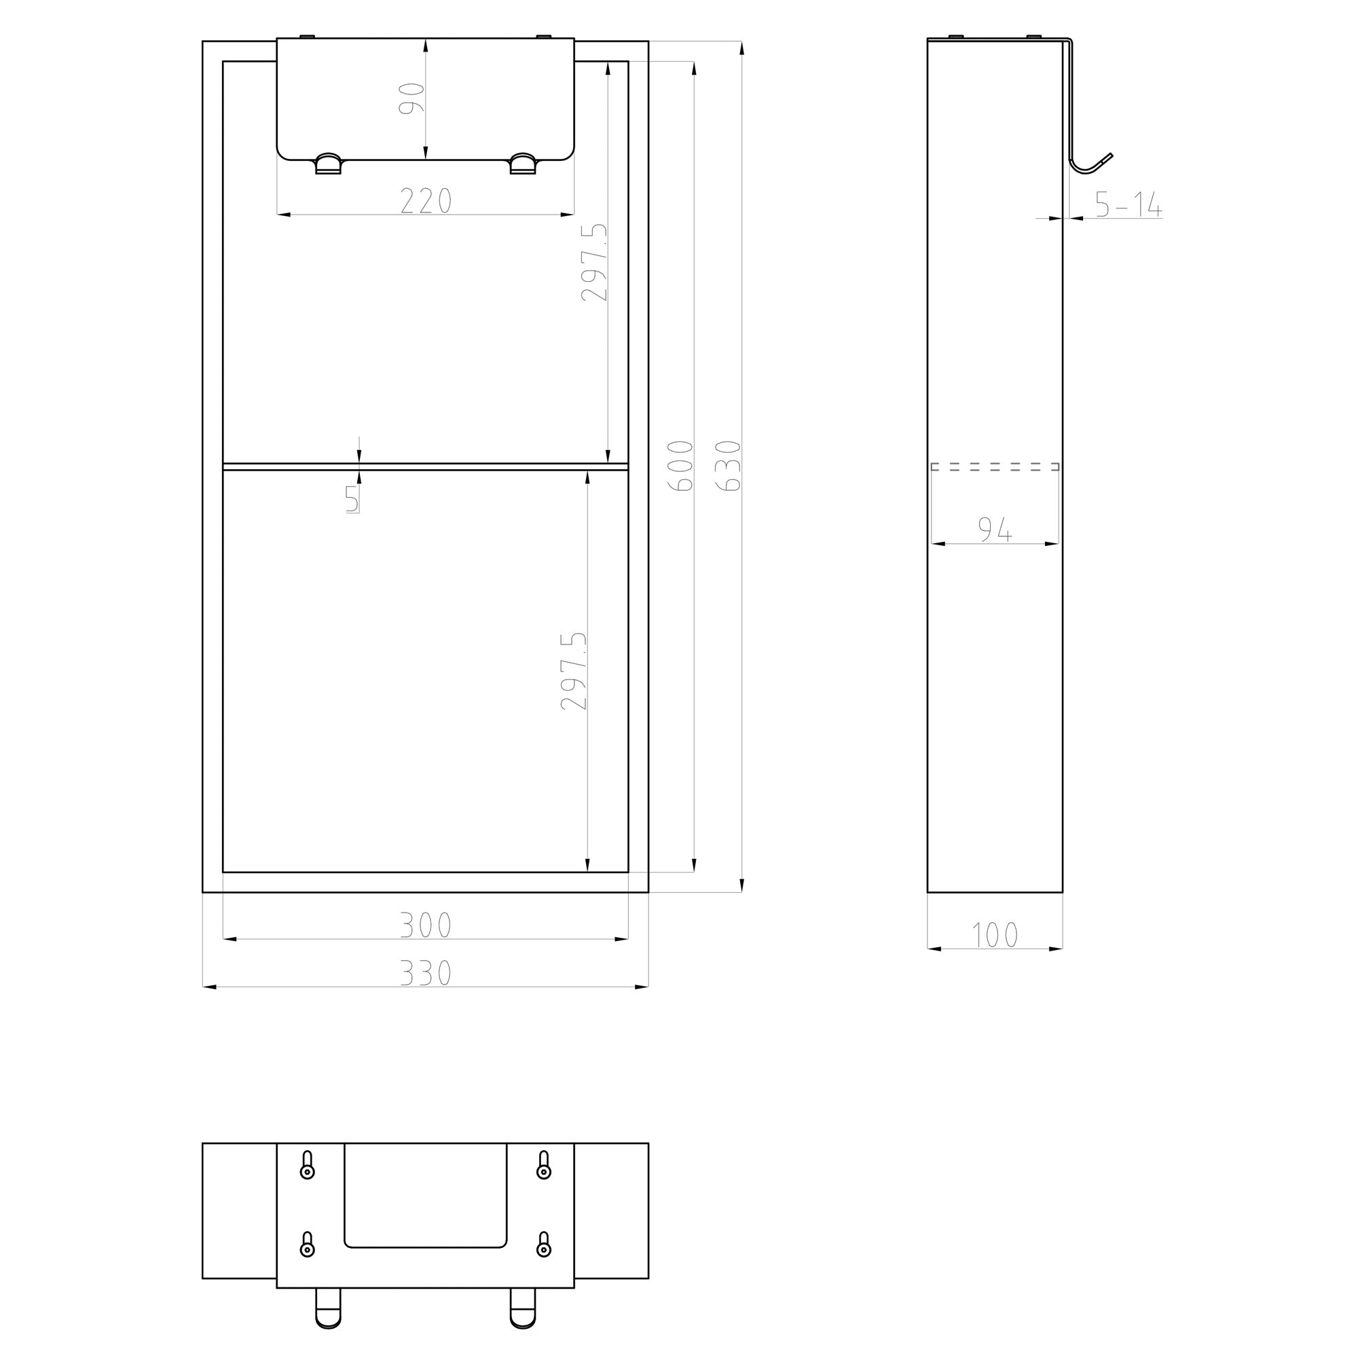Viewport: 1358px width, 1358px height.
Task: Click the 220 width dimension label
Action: click(x=426, y=201)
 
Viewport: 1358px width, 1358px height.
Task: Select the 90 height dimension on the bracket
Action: click(x=412, y=98)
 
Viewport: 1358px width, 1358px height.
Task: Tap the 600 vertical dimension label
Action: click(x=680, y=465)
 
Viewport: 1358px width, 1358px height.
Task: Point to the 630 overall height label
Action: click(x=728, y=465)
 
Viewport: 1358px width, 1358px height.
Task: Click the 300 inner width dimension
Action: click(x=426, y=925)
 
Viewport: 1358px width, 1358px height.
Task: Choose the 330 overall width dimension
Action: click(x=426, y=973)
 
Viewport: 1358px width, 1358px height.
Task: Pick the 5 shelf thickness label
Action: click(x=352, y=499)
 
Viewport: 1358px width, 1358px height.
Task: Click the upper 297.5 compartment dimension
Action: click(x=594, y=262)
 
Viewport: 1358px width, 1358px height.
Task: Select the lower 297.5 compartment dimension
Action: click(x=574, y=671)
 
